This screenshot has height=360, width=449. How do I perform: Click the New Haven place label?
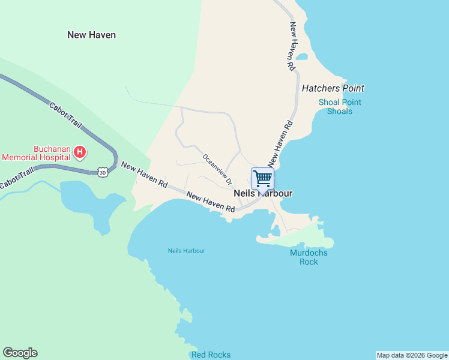click(91, 35)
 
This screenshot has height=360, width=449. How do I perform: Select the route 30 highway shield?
click(102, 172)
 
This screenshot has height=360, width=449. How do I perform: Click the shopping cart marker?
click(262, 179)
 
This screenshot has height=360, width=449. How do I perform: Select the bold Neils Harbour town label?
click(263, 194)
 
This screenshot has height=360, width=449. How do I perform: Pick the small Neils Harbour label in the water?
click(187, 251)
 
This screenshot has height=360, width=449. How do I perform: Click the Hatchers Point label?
click(333, 88)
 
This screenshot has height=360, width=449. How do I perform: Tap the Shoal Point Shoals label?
click(340, 107)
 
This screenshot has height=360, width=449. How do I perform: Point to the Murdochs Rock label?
click(309, 257)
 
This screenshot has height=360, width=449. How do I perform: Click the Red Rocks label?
click(211, 355)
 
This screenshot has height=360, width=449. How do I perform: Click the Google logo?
click(20, 353)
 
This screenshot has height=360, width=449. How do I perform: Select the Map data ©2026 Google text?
click(412, 355)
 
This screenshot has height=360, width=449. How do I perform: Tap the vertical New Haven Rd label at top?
click(292, 46)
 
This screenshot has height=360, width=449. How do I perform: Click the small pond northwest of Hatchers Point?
click(302, 58)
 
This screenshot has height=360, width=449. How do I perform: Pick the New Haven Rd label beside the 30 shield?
click(144, 173)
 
